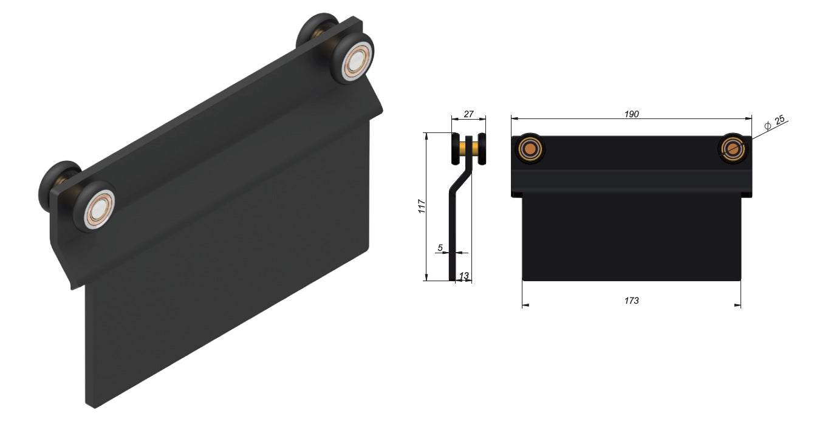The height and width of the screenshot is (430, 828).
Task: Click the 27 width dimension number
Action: pyautogui.click(x=468, y=114)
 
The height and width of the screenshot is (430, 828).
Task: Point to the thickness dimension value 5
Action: pyautogui.click(x=440, y=247)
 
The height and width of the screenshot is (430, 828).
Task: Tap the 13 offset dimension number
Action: pyautogui.click(x=464, y=276)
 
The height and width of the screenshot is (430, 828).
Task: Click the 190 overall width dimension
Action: pyautogui.click(x=631, y=114)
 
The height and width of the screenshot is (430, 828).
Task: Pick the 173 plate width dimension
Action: pyautogui.click(x=631, y=300)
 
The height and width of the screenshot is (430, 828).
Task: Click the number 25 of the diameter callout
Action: pyautogui.click(x=779, y=121)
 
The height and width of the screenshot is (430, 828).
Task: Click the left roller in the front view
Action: pyautogui.click(x=530, y=148)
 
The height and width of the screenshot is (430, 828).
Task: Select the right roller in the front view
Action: pyautogui.click(x=734, y=148)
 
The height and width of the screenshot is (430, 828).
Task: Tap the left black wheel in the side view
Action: pyautogui.click(x=456, y=149)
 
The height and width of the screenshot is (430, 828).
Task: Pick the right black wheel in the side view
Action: pyautogui.click(x=482, y=149)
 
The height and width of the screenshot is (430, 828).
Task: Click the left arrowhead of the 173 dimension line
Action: pyautogui.click(x=525, y=305)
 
